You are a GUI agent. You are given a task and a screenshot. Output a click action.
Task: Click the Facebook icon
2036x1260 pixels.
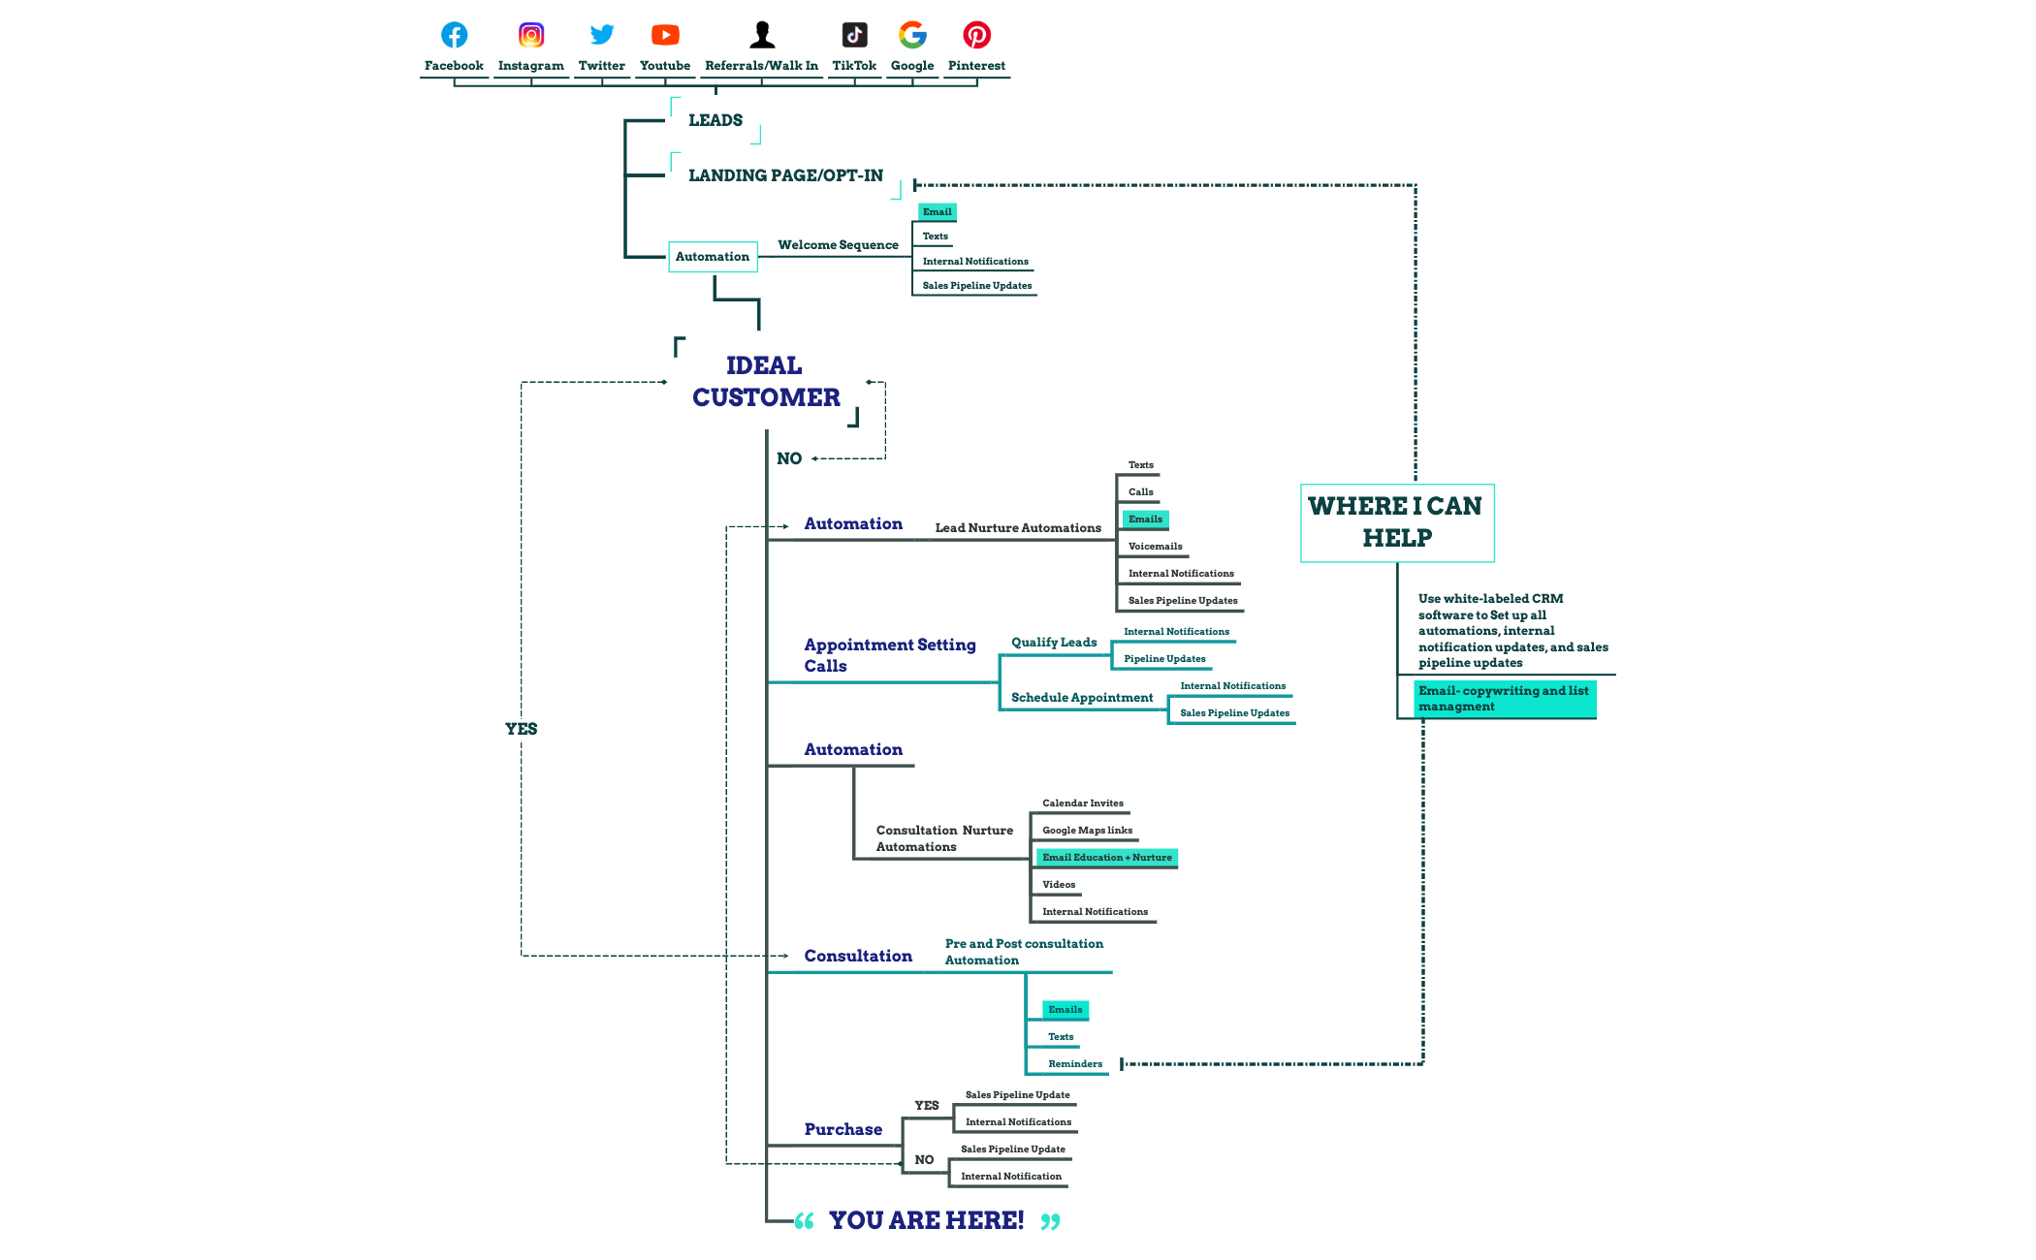pos(454,35)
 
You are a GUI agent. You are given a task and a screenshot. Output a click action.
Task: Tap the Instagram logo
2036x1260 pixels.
pos(530,35)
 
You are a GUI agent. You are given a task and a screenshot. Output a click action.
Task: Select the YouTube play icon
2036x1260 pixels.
pos(665,35)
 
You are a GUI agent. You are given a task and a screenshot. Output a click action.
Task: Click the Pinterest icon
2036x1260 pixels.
pos(976,35)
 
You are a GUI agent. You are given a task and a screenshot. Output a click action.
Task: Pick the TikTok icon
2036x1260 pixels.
pos(854,35)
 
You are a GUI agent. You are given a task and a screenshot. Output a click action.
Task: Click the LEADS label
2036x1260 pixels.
pos(716,120)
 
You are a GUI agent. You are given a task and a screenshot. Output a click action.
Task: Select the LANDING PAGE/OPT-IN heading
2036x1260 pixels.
pos(785,175)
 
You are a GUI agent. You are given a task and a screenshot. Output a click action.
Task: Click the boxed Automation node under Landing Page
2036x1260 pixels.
pos(713,257)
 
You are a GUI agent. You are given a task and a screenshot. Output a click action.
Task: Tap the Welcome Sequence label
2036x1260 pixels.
pos(838,245)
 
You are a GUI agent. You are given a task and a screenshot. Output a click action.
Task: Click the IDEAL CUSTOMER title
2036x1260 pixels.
pos(765,381)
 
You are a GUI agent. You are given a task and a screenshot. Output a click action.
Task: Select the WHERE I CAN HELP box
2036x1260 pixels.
pos(1396,522)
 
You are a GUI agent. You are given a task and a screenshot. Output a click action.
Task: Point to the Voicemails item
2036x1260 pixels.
pos(1155,547)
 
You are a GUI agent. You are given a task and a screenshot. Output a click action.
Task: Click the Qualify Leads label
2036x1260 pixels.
pos(1054,643)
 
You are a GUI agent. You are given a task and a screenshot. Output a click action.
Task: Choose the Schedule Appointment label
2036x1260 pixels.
pos(1082,698)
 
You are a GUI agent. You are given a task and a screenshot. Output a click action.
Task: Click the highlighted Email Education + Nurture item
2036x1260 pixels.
pos(1106,858)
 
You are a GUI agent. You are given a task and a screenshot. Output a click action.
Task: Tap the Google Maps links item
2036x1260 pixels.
pos(1087,831)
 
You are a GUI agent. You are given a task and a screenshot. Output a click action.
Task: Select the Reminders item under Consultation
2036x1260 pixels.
pos(1074,1064)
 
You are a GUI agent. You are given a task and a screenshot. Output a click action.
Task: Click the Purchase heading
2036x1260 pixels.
pos(843,1129)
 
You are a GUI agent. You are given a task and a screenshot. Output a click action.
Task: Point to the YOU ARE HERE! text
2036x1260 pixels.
pos(926,1220)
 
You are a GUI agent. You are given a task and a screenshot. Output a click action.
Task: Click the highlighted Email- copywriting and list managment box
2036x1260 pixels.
pos(1504,699)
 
